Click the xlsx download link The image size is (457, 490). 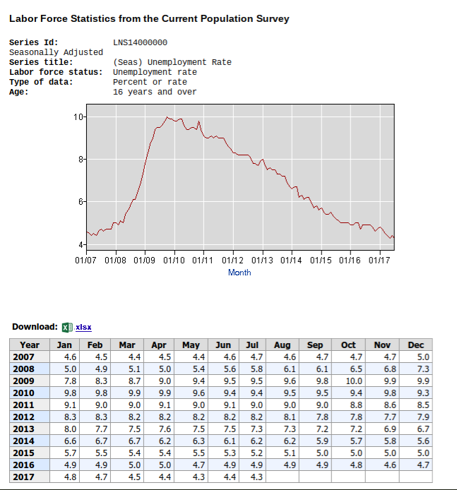(83, 327)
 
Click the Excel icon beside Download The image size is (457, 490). (67, 327)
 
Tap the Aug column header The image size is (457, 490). (282, 345)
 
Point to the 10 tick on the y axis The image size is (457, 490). (81, 116)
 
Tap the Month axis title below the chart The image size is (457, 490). (239, 273)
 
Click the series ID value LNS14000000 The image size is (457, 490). (140, 42)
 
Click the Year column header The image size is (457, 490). (30, 345)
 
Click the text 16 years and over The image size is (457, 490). (155, 92)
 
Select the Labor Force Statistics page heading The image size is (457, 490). (149, 19)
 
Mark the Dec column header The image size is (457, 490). (416, 345)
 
